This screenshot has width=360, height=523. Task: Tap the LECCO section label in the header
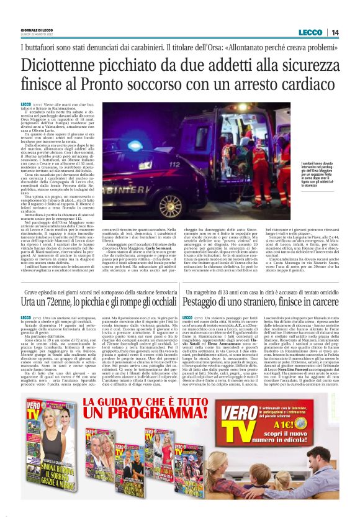tap(310, 32)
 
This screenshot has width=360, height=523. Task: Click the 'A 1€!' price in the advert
tap(317, 434)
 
